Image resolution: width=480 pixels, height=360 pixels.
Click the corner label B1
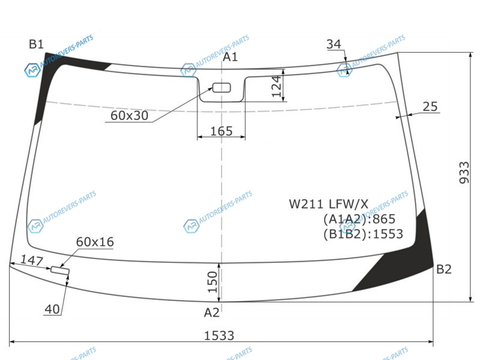(x=36, y=44)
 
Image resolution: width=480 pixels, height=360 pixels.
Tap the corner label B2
(x=443, y=269)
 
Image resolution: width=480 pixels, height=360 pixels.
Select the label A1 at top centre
(x=230, y=57)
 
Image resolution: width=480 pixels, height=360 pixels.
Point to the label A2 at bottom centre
(x=212, y=313)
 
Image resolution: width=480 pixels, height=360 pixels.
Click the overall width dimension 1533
(x=219, y=336)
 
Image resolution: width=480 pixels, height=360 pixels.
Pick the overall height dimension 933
(x=464, y=173)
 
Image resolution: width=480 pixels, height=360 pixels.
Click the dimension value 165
(x=221, y=131)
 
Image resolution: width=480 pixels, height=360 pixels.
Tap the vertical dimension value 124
(x=277, y=86)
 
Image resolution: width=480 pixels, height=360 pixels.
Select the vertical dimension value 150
(x=212, y=282)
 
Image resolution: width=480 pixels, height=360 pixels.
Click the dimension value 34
(x=334, y=44)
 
